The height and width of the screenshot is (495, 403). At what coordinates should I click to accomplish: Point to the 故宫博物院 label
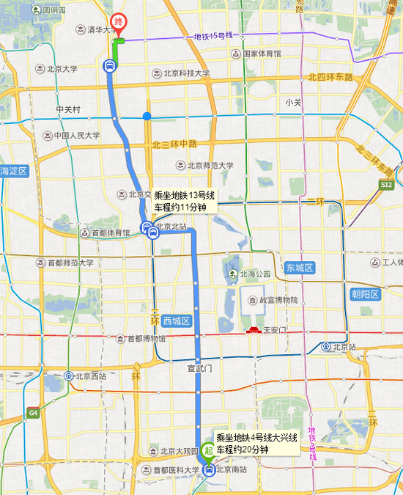pyautogui.click(x=273, y=300)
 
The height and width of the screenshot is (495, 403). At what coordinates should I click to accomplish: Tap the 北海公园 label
pyautogui.click(x=253, y=274)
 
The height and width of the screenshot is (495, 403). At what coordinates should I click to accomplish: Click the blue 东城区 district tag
pyautogui.click(x=300, y=268)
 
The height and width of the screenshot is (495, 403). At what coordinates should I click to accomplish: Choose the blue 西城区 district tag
pyautogui.click(x=176, y=320)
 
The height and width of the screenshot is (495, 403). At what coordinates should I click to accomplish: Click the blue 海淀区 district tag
pyautogui.click(x=13, y=171)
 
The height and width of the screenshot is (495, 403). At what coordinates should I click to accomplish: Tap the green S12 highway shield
pyautogui.click(x=388, y=187)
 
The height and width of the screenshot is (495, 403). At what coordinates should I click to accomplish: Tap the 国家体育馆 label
pyautogui.click(x=261, y=54)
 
